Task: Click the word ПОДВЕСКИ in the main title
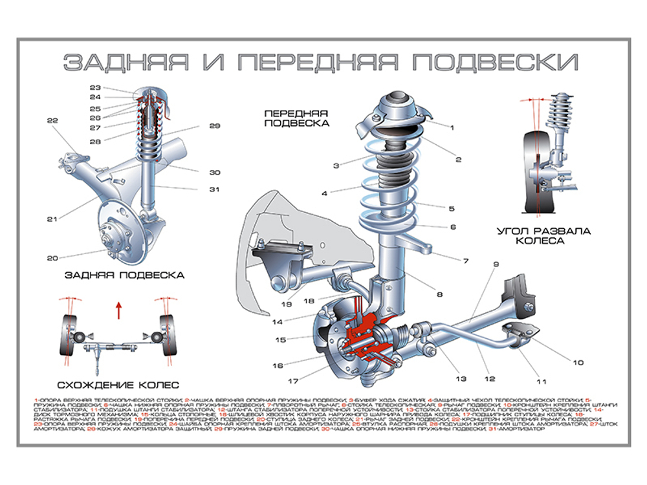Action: pos(494,62)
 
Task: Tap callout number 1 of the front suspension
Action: pos(452,129)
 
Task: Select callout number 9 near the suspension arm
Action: pos(496,264)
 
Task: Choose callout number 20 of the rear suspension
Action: pos(52,259)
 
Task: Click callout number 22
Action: pos(52,120)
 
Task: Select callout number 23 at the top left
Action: pos(95,87)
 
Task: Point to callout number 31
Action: pos(214,189)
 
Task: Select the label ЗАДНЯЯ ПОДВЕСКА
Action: pos(124,275)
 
